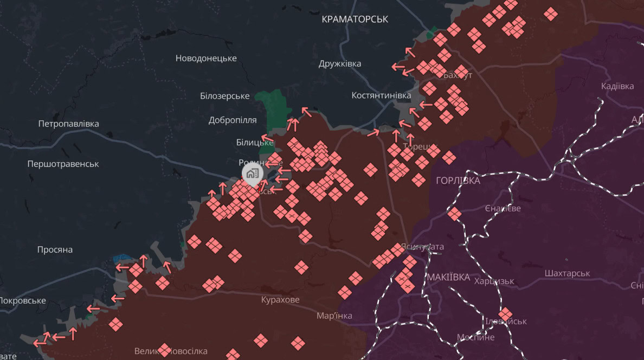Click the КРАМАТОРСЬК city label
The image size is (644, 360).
(355, 19)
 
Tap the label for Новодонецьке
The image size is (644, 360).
(206, 58)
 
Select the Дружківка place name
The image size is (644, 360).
(340, 63)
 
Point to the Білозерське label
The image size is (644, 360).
(224, 96)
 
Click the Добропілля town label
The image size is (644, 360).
(233, 120)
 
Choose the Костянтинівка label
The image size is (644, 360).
(381, 95)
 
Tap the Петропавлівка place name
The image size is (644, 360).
(68, 124)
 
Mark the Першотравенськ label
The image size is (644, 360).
(63, 164)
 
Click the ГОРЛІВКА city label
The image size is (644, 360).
(458, 181)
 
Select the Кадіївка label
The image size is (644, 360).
(617, 86)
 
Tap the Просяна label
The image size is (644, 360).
(55, 250)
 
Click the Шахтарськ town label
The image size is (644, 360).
(567, 273)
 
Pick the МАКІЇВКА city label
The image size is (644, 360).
(448, 277)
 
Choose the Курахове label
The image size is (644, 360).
(280, 300)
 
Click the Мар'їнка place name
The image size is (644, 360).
(334, 316)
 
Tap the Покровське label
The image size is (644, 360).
(22, 300)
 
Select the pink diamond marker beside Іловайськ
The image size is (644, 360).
(505, 314)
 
